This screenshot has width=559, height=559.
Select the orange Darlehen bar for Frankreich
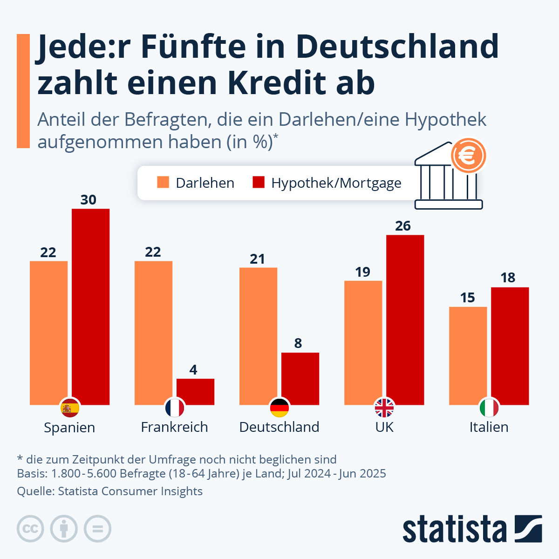(x=153, y=333)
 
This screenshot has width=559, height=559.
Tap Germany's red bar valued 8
(x=300, y=378)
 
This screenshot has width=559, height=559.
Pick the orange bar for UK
(x=363, y=342)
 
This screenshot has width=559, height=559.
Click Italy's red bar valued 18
(x=510, y=346)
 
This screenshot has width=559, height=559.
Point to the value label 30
(x=88, y=200)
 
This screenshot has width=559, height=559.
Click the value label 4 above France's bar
(x=193, y=370)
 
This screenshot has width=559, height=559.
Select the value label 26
(x=403, y=226)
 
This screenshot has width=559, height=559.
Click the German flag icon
(x=279, y=408)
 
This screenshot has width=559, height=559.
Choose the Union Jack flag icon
(x=384, y=408)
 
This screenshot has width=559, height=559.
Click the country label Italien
(x=489, y=427)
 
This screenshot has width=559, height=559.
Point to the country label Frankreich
(x=174, y=427)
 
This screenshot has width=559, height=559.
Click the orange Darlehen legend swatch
(x=163, y=182)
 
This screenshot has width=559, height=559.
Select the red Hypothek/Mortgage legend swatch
(x=258, y=182)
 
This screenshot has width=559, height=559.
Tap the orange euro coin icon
(x=468, y=156)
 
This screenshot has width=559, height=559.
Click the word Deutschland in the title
(x=396, y=47)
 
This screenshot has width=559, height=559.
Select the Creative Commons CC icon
(x=30, y=529)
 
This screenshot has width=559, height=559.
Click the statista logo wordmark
(x=454, y=529)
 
